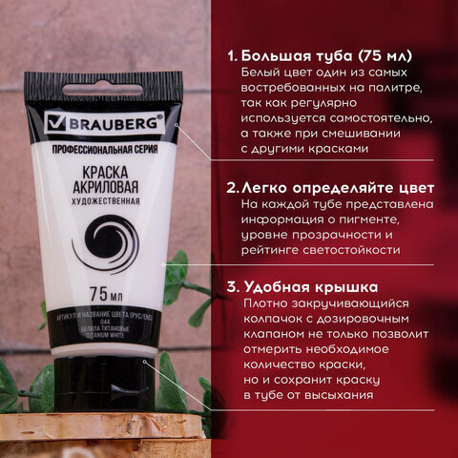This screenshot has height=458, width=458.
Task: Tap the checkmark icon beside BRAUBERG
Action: [x=56, y=125]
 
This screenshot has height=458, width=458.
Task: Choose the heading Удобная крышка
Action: [x=310, y=285]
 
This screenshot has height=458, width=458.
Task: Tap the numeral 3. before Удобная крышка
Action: [x=232, y=285]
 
